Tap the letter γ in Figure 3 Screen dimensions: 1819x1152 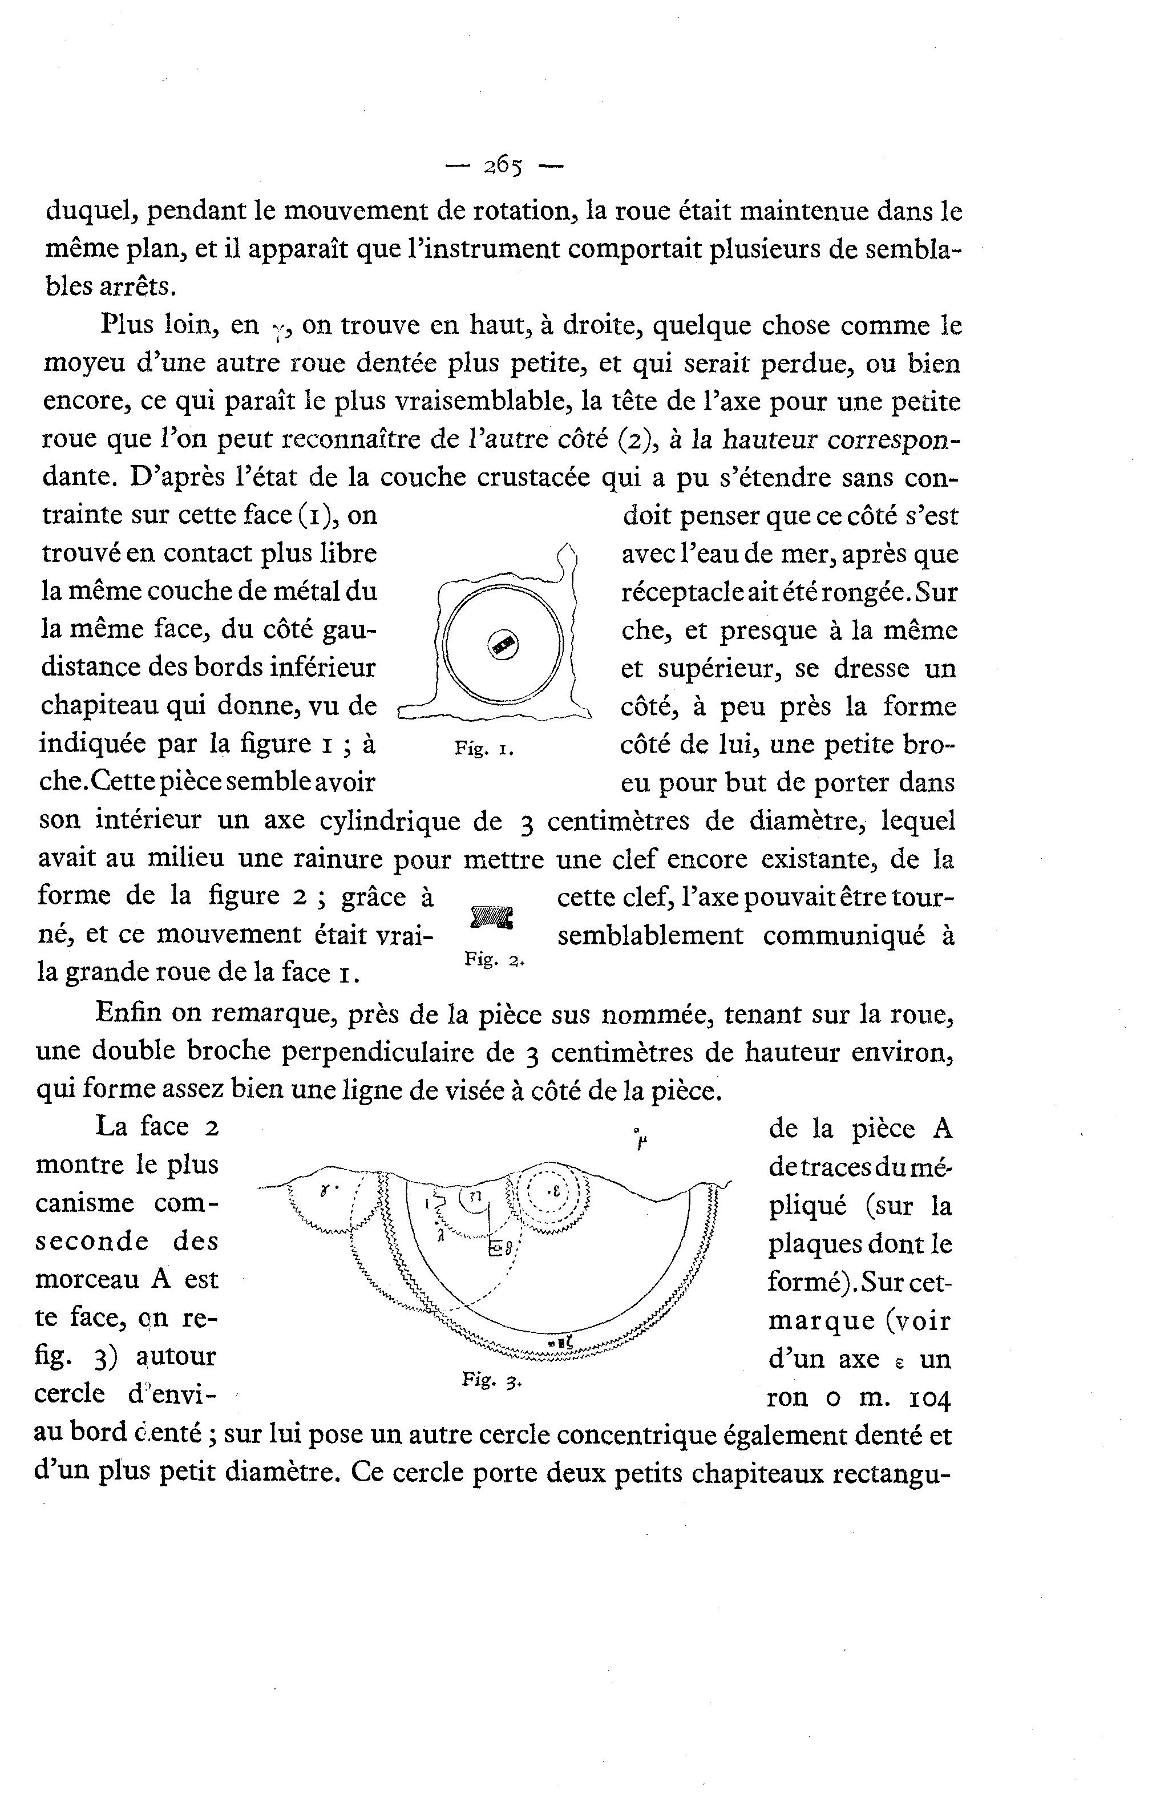(x=324, y=1191)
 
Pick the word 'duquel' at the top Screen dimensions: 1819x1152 (x=91, y=212)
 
